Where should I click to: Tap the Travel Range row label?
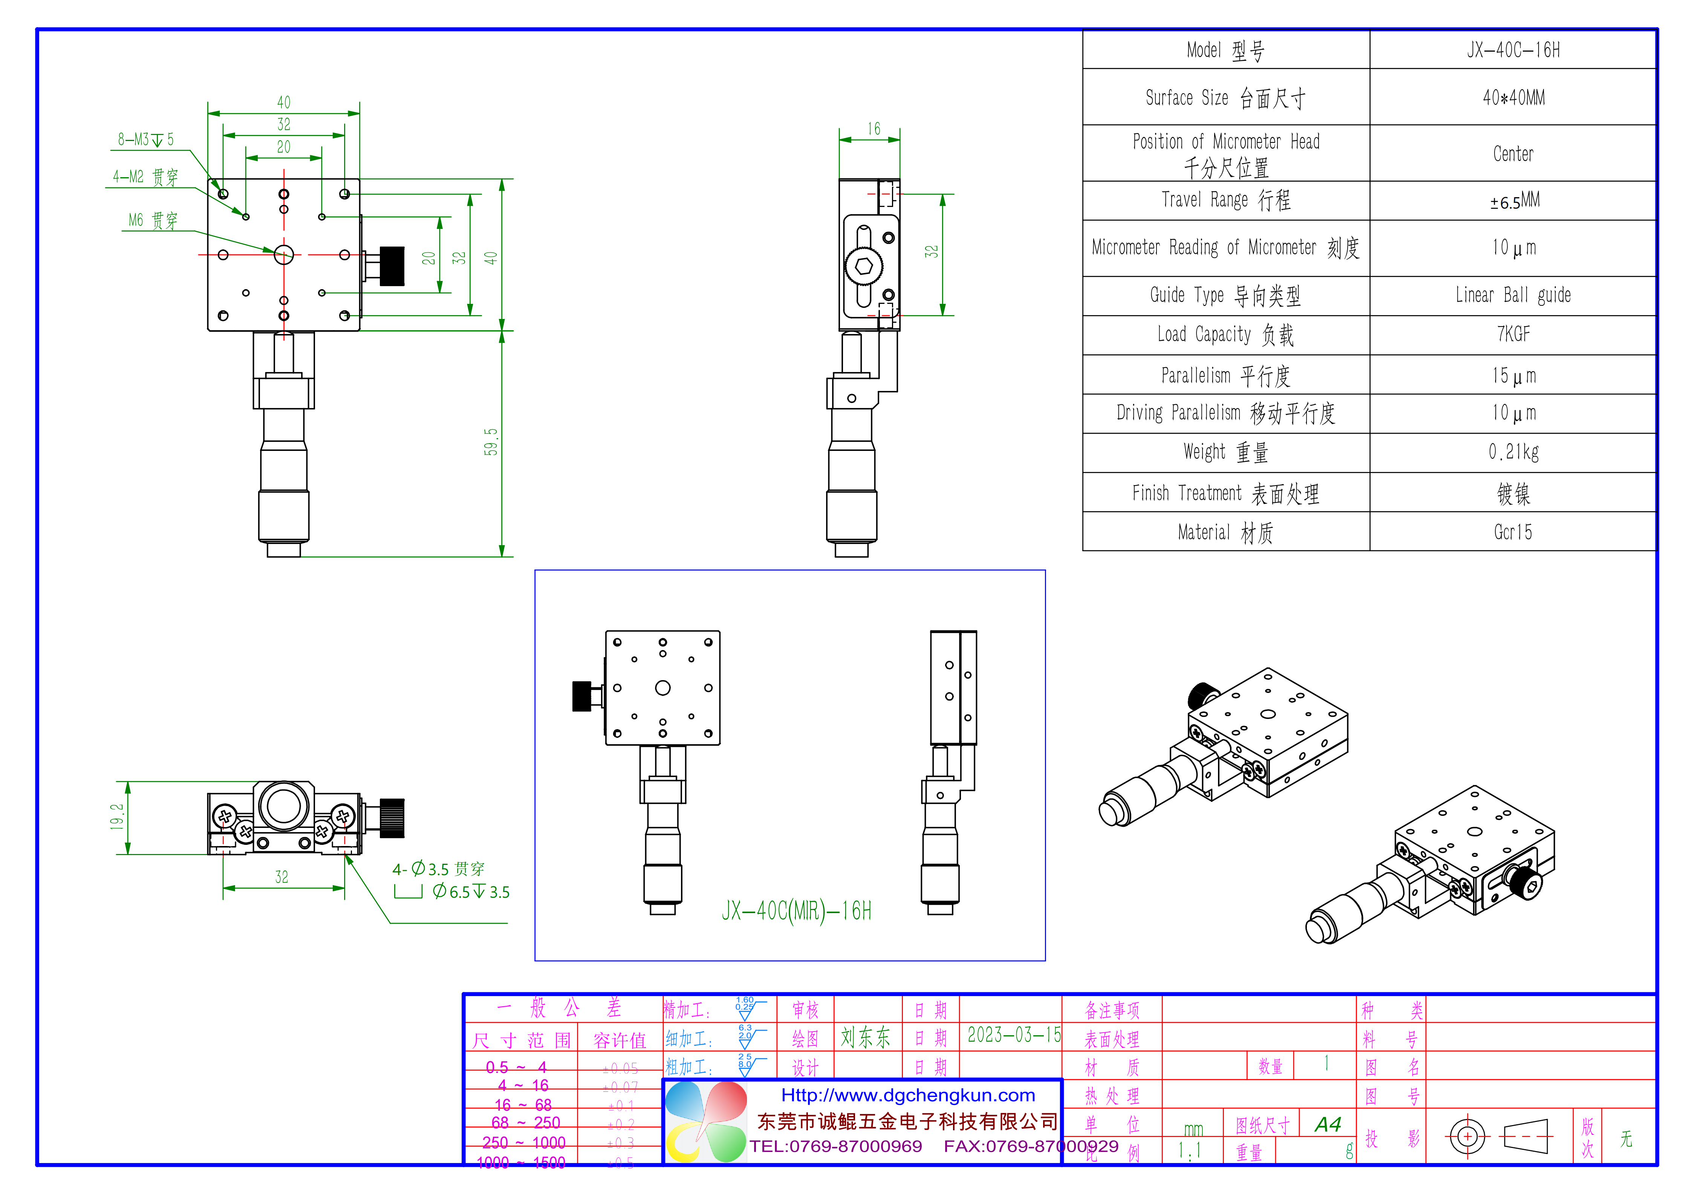point(1225,200)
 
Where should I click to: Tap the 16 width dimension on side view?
point(873,129)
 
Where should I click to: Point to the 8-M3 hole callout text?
point(145,139)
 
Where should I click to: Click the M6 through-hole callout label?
point(153,221)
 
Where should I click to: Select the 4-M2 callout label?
point(145,177)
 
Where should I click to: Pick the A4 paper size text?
point(1328,1125)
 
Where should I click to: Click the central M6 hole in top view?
point(284,255)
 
